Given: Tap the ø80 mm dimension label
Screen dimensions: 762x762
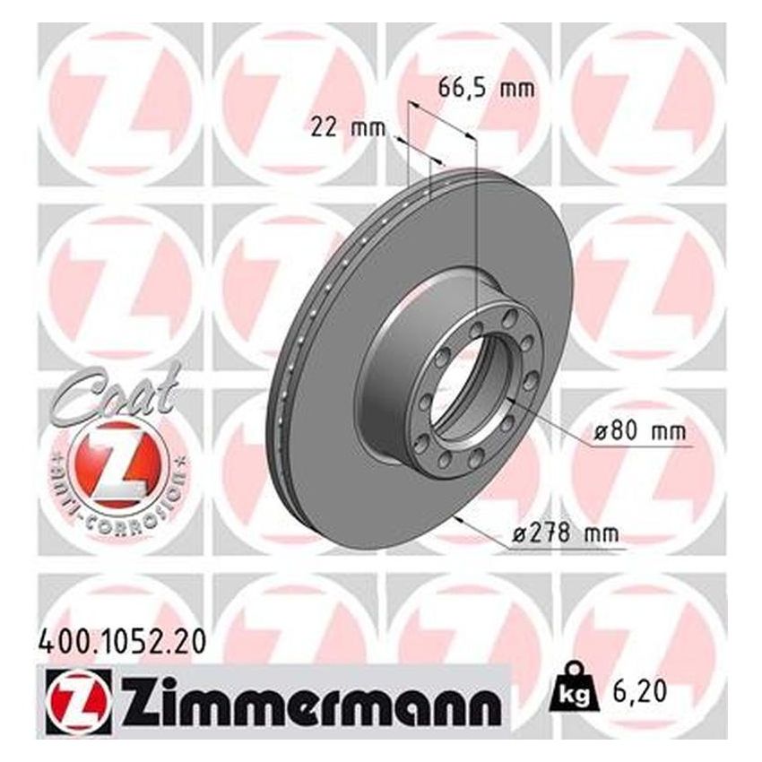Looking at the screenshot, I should pos(635,432).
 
